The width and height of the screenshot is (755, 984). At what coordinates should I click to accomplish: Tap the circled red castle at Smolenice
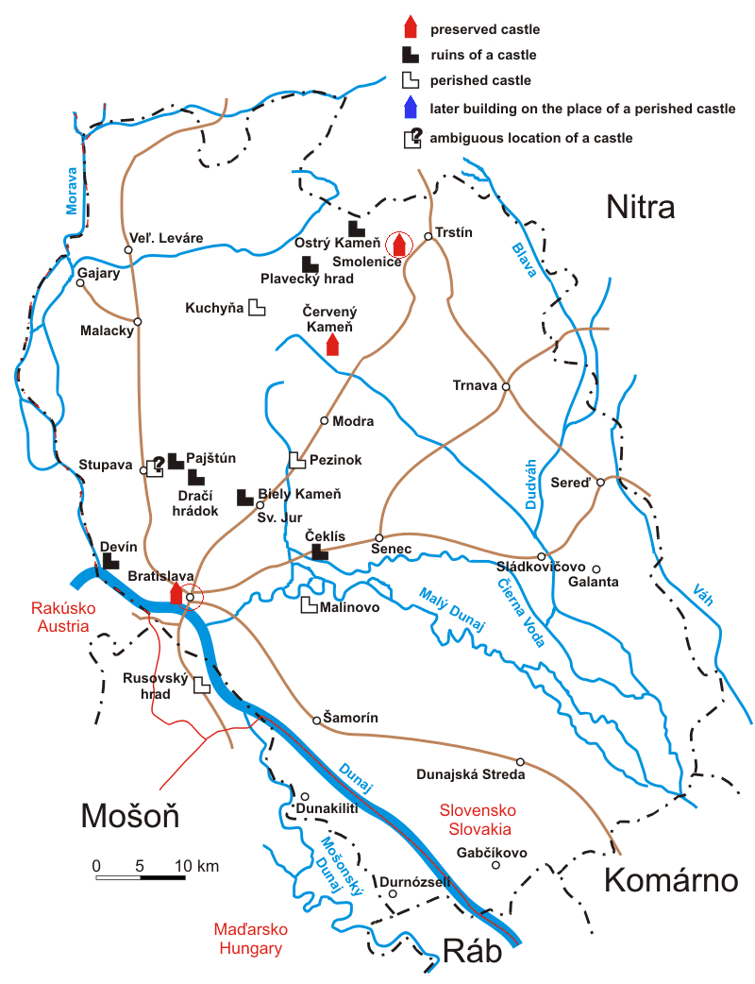pyautogui.click(x=399, y=244)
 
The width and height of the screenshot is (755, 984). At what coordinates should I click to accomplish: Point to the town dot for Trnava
pyautogui.click(x=506, y=386)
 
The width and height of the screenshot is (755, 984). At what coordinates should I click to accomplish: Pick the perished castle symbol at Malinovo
pyautogui.click(x=309, y=605)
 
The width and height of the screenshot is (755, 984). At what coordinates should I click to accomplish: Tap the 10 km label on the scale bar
pyautogui.click(x=196, y=865)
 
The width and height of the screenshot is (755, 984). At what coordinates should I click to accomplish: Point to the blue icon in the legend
pyautogui.click(x=411, y=108)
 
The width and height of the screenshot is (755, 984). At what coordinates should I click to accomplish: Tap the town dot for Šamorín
pyautogui.click(x=317, y=721)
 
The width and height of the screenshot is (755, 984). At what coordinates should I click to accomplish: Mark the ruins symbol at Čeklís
pyautogui.click(x=320, y=552)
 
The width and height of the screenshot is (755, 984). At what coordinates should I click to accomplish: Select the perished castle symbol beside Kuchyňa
pyautogui.click(x=257, y=308)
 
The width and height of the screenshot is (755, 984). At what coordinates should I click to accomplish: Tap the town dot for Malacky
pyautogui.click(x=138, y=322)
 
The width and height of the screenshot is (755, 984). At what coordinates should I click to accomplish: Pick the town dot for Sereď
pyautogui.click(x=600, y=482)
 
